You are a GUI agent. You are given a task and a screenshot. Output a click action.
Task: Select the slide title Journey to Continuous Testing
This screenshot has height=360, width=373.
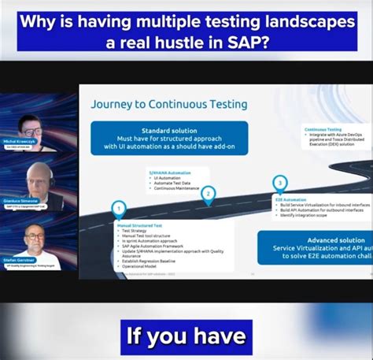[168, 103]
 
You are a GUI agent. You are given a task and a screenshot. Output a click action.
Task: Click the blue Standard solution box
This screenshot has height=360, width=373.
[169, 137]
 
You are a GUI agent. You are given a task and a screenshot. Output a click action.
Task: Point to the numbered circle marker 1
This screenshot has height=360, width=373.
[119, 209]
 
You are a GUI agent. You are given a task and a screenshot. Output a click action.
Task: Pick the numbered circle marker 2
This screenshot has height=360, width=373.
[208, 192]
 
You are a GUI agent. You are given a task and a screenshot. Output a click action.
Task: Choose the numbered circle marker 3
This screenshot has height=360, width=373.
[279, 183]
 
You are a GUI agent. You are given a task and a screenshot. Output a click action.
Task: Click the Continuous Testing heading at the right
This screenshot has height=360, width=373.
[323, 129]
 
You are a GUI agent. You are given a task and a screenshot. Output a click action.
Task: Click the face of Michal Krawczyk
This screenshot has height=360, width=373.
[32, 126]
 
